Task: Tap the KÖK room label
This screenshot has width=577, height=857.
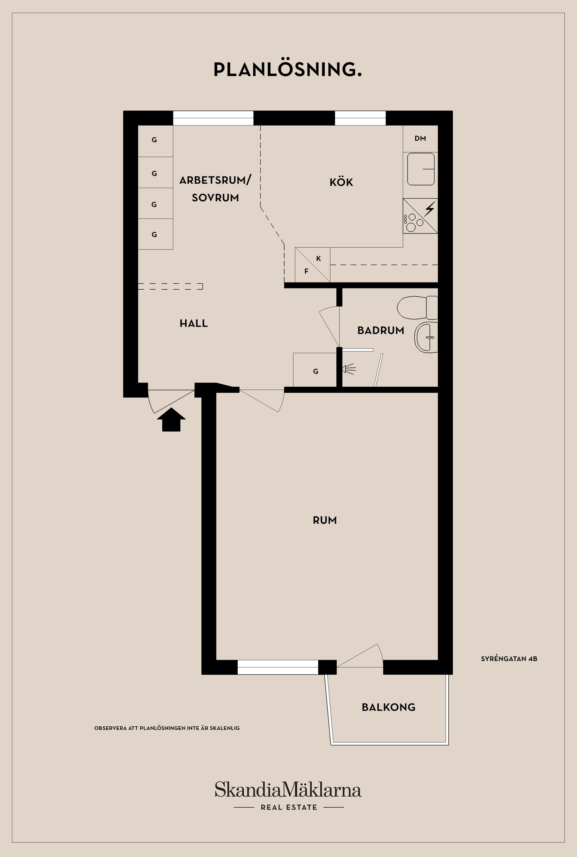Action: pyautogui.click(x=341, y=182)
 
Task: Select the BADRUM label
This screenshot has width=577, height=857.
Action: pyautogui.click(x=380, y=330)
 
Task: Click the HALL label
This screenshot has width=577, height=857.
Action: pyautogui.click(x=194, y=323)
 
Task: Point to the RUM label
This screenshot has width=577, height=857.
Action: pyautogui.click(x=325, y=520)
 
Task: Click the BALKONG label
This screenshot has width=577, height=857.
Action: pyautogui.click(x=389, y=707)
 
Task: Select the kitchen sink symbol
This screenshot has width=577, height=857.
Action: pyautogui.click(x=421, y=169)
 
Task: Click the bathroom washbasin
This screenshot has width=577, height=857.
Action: pyautogui.click(x=426, y=337)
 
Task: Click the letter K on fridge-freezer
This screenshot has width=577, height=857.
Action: pyautogui.click(x=318, y=259)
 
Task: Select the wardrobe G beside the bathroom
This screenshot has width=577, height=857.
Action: pyautogui.click(x=315, y=371)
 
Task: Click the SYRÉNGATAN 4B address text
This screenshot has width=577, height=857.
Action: pyautogui.click(x=509, y=659)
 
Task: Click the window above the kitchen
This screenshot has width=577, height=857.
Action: pyautogui.click(x=360, y=118)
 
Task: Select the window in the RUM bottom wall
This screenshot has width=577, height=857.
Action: pyautogui.click(x=277, y=667)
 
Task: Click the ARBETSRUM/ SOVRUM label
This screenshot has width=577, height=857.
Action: pyautogui.click(x=215, y=189)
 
